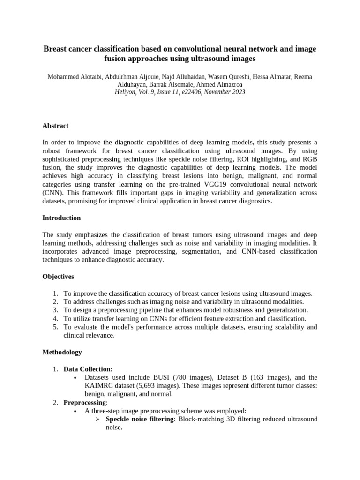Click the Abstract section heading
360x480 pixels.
(55, 126)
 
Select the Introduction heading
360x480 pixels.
(61, 218)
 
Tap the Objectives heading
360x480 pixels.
(58, 277)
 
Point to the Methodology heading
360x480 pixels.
(62, 352)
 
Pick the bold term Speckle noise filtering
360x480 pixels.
(139, 419)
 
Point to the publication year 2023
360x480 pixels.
(238, 92)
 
